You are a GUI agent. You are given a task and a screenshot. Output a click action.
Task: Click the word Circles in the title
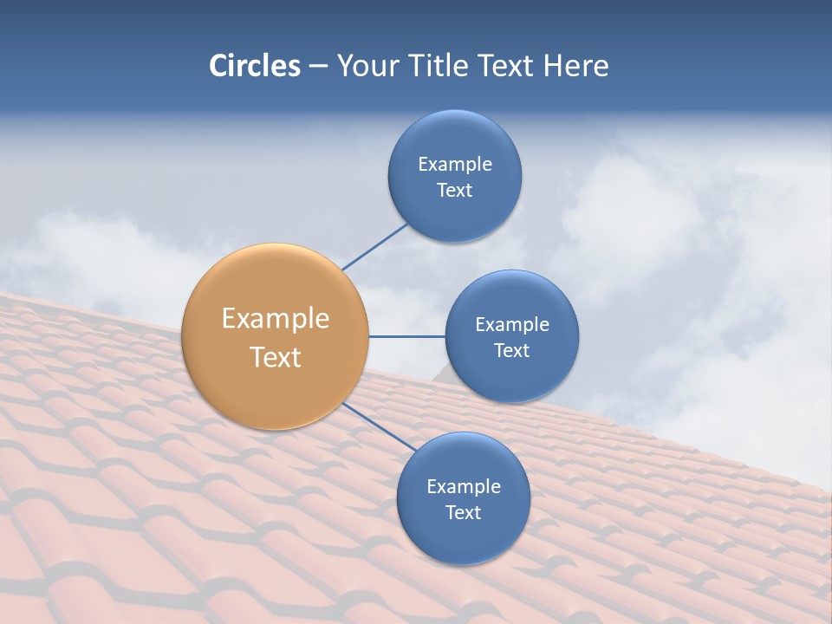pos(254,66)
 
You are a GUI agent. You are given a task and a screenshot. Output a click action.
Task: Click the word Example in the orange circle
pos(276,319)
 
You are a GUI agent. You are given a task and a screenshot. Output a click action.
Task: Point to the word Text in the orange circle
pos(276,357)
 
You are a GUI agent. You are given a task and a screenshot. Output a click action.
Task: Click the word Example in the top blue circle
pos(455,165)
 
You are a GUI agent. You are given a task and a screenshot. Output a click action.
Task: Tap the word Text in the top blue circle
pos(454,191)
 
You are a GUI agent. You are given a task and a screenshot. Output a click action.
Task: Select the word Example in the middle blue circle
pos(512,325)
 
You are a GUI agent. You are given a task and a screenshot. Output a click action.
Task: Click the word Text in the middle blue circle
pos(511,351)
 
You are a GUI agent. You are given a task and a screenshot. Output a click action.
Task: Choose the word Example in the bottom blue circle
pos(464,487)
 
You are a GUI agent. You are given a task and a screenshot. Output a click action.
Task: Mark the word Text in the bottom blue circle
pos(463,513)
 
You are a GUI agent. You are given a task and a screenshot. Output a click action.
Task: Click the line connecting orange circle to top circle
pos(374,247)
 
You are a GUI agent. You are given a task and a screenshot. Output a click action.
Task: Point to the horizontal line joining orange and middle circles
pos(406,336)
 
